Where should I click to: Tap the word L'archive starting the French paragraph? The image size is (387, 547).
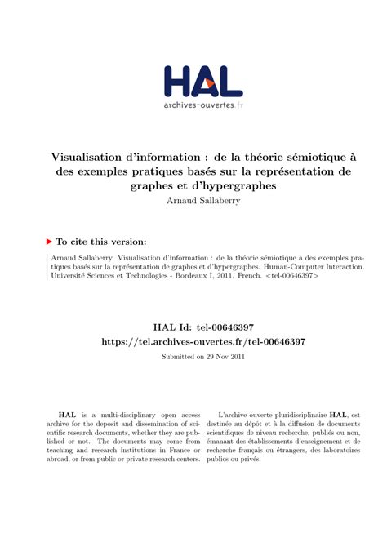[237, 415]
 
